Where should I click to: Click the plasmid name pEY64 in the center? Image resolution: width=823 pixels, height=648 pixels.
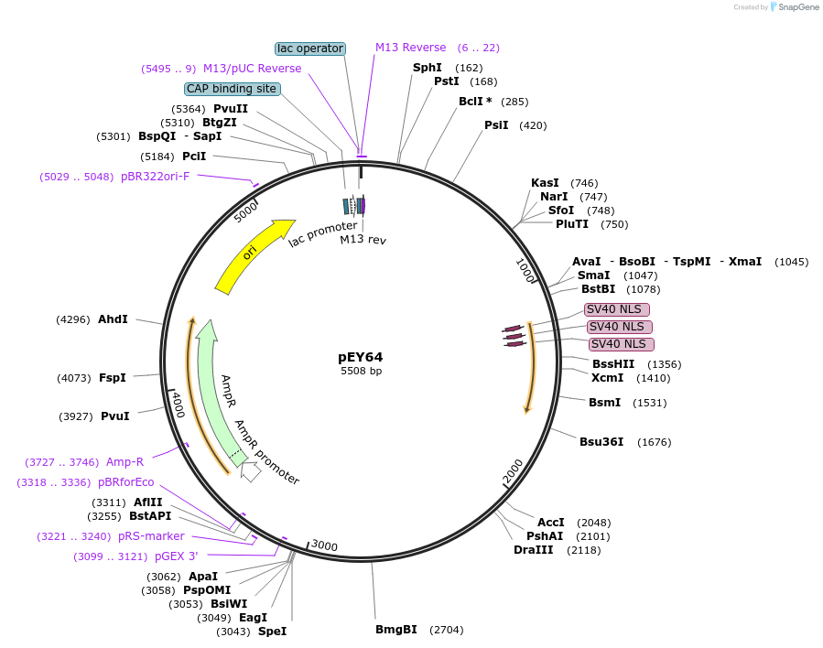point(361,357)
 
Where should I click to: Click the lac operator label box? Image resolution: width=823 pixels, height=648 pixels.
point(310,49)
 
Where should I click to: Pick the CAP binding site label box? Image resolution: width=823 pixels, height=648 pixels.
point(232,89)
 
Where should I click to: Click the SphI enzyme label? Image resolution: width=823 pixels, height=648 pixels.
point(427,68)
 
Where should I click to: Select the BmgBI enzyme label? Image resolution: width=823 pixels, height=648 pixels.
point(395,630)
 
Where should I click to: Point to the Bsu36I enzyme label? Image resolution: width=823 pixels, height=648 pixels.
point(601,442)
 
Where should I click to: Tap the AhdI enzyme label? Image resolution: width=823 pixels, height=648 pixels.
point(113,319)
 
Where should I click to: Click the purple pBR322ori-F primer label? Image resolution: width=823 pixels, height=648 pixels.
point(156,177)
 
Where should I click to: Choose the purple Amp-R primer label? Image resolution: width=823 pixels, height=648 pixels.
point(125,462)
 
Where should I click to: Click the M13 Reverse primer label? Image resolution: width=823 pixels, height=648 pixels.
point(410,48)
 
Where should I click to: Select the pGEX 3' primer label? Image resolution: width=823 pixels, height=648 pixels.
point(176,556)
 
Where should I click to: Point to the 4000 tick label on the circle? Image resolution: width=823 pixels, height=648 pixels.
point(178,403)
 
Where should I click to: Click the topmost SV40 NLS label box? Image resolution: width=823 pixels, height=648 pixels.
point(617,309)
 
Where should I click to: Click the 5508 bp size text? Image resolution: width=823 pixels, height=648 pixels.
point(361,371)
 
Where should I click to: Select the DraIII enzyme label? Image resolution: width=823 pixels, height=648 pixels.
point(533,550)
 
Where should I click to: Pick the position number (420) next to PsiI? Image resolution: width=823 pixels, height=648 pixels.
point(533,125)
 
